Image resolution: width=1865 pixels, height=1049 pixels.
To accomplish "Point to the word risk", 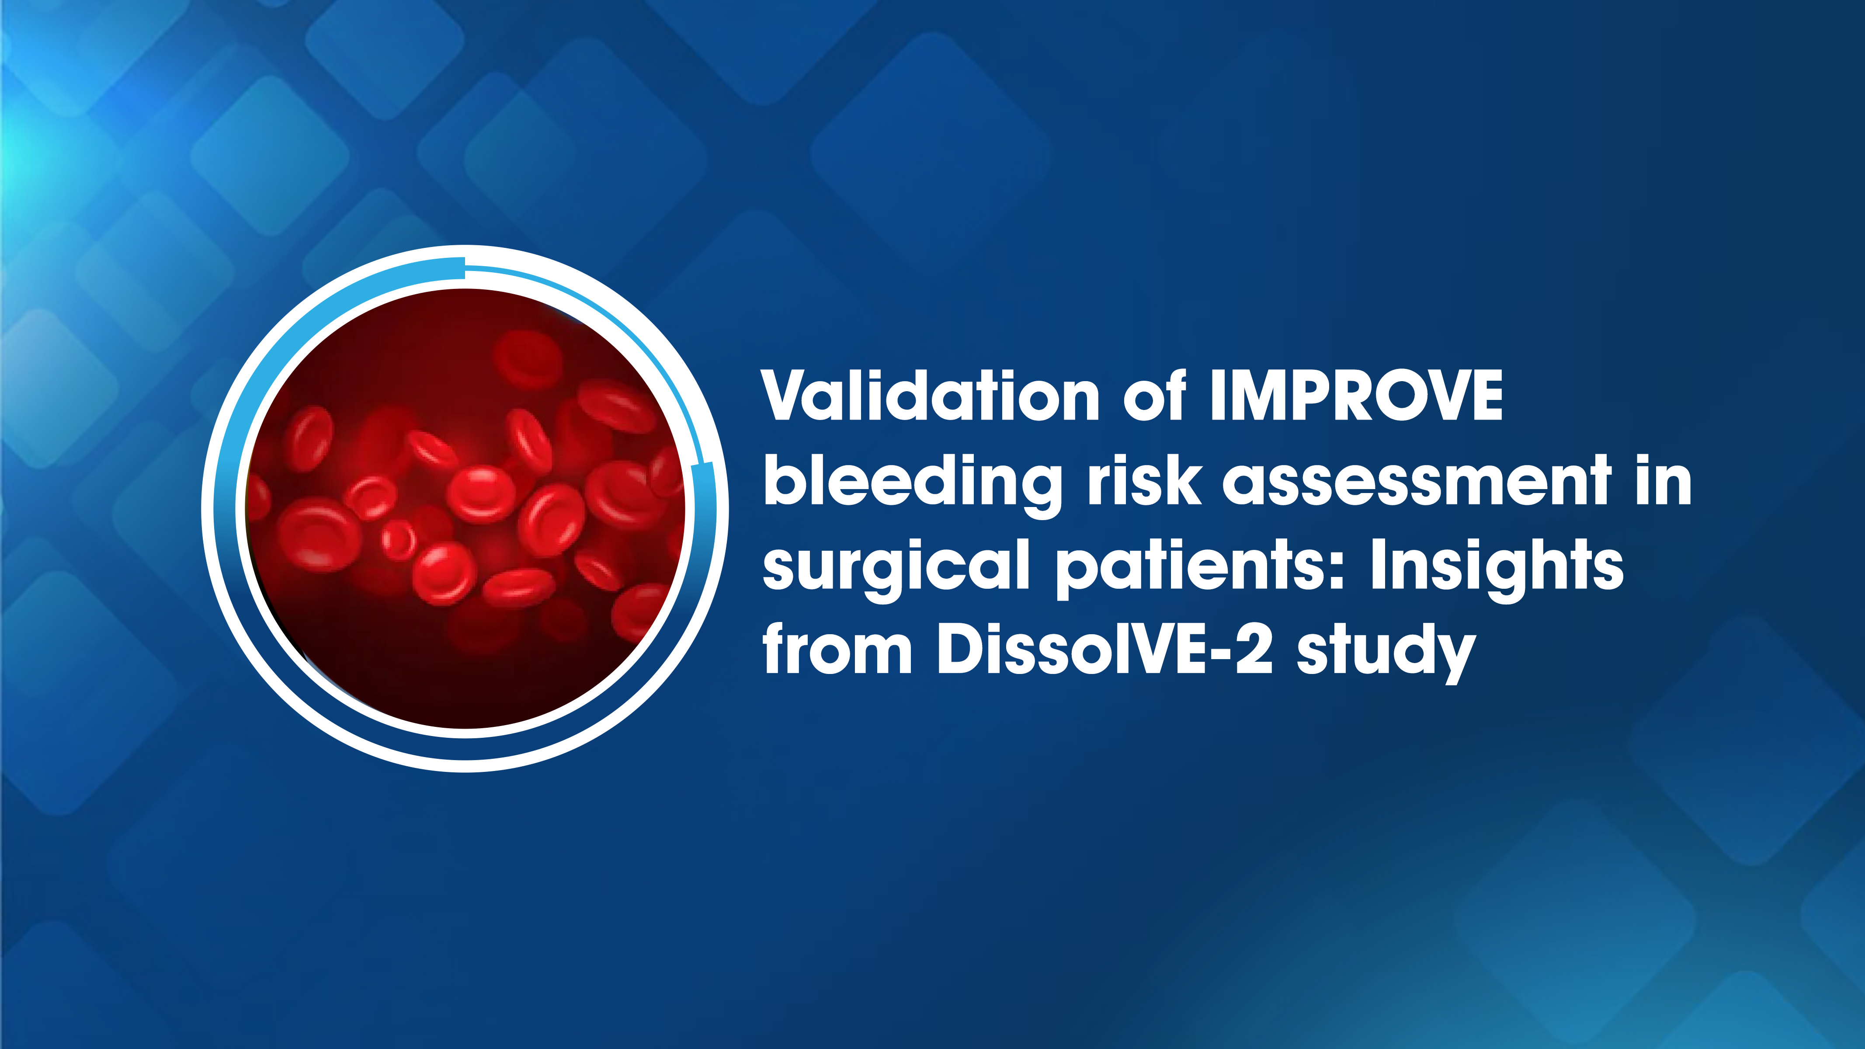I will click(x=1144, y=481).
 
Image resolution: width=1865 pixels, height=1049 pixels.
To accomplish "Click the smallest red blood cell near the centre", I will click(x=397, y=539).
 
